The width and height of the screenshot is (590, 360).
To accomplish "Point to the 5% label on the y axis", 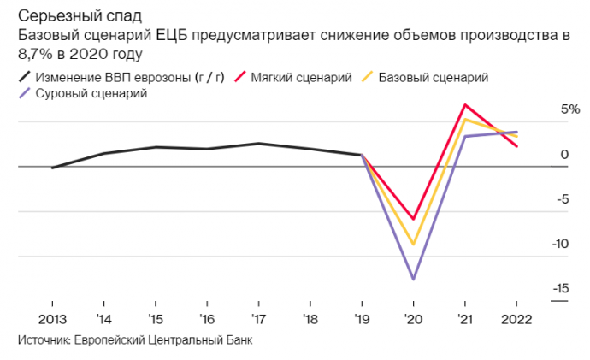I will [x=546, y=110].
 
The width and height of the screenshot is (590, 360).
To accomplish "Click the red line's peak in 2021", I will [x=464, y=105].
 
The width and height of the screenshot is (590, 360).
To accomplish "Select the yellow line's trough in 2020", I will [x=413, y=245].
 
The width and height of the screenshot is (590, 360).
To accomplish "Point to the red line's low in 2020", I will [x=413, y=219].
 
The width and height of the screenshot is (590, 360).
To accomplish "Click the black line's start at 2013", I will [x=52, y=168].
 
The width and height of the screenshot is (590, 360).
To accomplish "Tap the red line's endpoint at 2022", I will [x=516, y=147].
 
